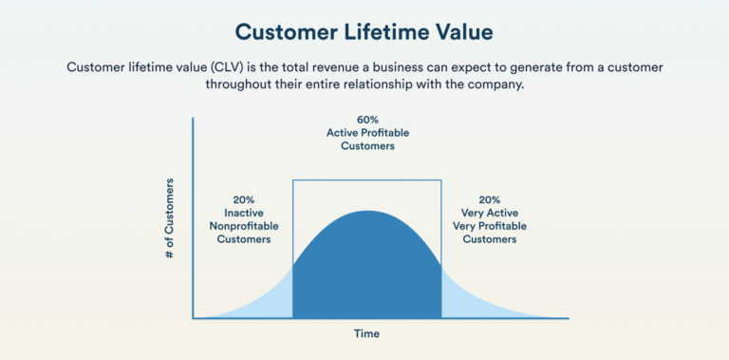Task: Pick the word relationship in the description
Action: coord(383,85)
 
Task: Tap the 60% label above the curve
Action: coord(367,121)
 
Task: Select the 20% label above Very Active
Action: coord(489,200)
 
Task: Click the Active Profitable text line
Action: coord(367,134)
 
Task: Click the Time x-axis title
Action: coord(366,333)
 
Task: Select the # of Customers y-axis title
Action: coord(170,218)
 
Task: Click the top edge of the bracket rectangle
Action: coord(367,180)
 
